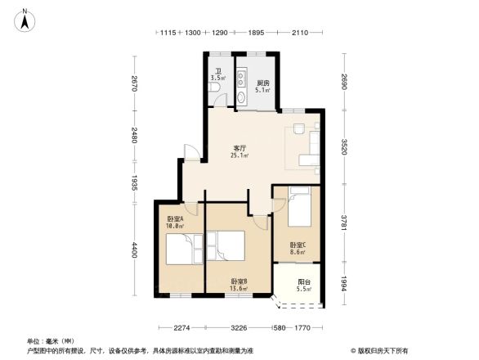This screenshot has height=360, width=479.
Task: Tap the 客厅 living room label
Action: pyautogui.click(x=238, y=147)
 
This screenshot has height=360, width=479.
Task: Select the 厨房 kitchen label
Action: pyautogui.click(x=263, y=83)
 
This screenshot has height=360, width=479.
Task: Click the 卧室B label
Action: pyautogui.click(x=239, y=281)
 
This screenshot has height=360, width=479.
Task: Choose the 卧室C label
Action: pyautogui.click(x=297, y=245)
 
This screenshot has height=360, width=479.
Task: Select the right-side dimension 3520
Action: pyautogui.click(x=345, y=147)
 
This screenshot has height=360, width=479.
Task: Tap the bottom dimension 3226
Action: pyautogui.click(x=238, y=328)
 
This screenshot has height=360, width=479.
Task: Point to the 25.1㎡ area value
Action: pyautogui.click(x=238, y=155)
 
